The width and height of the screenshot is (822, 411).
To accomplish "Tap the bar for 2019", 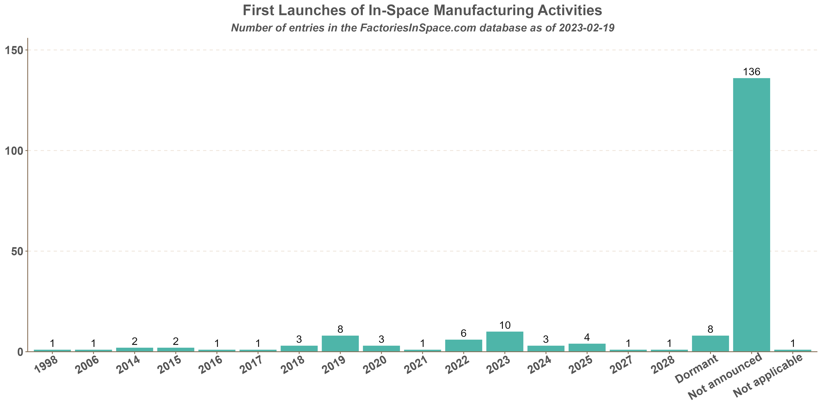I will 340,343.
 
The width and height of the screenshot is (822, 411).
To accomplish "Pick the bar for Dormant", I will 710,343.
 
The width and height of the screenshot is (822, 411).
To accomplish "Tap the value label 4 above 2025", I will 587,337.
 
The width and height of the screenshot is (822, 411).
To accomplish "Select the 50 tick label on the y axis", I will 18,251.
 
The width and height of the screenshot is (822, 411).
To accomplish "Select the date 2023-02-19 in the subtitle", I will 587,28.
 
